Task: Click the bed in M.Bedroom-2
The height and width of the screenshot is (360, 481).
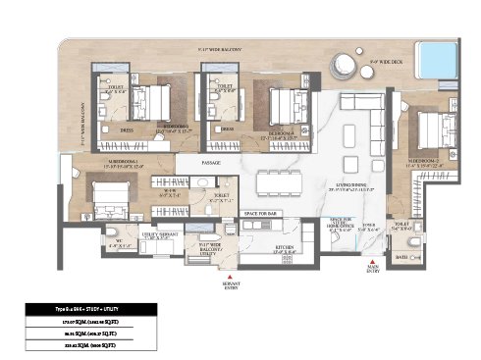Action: click(x=426, y=129)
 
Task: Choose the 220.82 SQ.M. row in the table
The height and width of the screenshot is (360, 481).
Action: click(x=83, y=345)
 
